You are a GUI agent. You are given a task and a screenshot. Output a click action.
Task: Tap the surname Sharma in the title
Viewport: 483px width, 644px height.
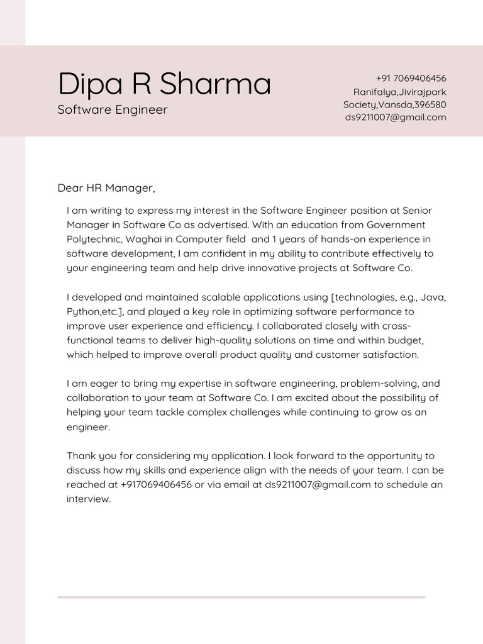point(214,84)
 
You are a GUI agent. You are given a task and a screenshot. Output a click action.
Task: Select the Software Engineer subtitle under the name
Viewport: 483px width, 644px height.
point(113,110)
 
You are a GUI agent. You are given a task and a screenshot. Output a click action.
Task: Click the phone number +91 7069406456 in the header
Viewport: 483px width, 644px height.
point(411,79)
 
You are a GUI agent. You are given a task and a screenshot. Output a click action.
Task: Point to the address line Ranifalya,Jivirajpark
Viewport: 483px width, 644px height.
point(399,92)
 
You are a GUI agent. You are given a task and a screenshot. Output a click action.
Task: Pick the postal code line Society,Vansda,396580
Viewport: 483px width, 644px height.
point(394,104)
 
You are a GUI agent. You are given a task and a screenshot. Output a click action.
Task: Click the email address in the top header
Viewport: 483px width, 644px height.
point(395,117)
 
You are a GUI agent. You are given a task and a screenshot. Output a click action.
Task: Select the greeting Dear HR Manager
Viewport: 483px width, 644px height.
point(106,188)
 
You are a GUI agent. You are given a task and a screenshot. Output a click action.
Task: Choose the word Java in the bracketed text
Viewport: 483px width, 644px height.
point(433,297)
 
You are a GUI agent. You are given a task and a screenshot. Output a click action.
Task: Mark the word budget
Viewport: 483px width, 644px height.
point(407,340)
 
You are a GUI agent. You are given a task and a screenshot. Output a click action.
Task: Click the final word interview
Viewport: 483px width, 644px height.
point(89,499)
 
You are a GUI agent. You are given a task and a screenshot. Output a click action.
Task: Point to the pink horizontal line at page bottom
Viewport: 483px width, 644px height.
point(241,597)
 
